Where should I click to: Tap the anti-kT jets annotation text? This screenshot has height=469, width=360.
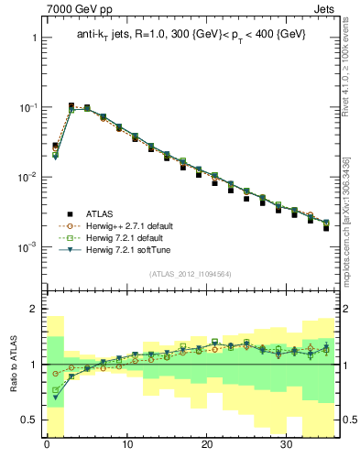(190, 35)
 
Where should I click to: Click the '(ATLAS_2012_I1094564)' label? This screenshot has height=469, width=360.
(190, 274)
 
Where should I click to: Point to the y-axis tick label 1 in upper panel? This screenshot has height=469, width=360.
(34, 38)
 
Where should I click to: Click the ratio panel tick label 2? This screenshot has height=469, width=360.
(34, 310)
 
